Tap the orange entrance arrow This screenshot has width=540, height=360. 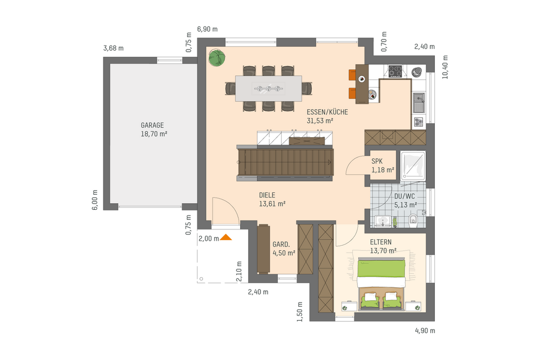coord(226,237)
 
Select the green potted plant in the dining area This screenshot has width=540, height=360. coord(217,57)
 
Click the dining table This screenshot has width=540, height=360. coord(268,88)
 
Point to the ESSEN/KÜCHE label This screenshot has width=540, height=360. coord(327,112)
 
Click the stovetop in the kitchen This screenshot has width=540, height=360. coord(394,71)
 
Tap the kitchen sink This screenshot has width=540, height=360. coord(419,102)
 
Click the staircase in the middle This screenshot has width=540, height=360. coord(286,161)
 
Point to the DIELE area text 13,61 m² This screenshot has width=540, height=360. coord(272,204)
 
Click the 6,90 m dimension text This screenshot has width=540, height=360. coord(207,29)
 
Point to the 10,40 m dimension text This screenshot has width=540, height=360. coord(445,67)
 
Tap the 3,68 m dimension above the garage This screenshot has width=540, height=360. coord(113,48)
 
